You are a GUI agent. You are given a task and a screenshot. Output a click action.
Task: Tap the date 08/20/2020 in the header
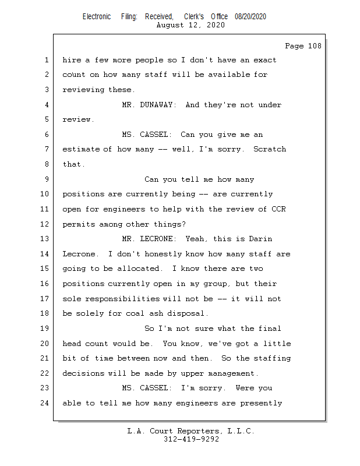click(250, 17)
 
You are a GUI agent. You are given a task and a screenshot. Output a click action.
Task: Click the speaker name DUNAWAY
click(159, 105)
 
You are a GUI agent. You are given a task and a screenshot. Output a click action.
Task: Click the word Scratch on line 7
click(270, 149)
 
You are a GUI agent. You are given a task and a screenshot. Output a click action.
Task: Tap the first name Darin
click(260, 239)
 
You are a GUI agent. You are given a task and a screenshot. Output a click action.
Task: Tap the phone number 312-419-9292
click(191, 439)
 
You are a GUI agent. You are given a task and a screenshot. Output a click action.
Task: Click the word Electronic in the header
click(97, 17)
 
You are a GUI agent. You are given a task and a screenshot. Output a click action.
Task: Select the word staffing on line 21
click(271, 358)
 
